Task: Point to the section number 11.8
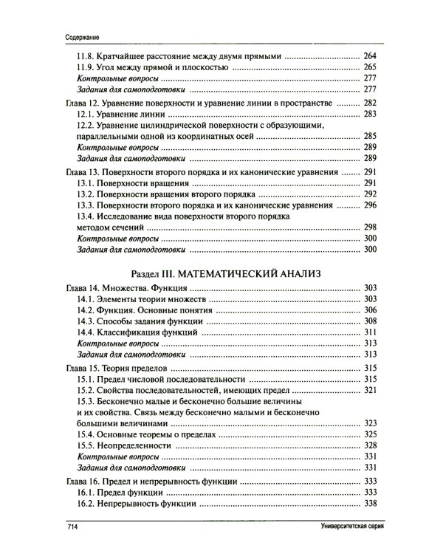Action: pyautogui.click(x=86, y=56)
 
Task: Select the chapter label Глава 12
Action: pyautogui.click(x=77, y=103)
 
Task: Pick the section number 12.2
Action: pyautogui.click(x=86, y=126)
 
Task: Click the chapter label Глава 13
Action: pyautogui.click(x=77, y=171)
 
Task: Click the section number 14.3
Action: pyautogui.click(x=86, y=322)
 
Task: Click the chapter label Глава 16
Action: pyautogui.click(x=77, y=481)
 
